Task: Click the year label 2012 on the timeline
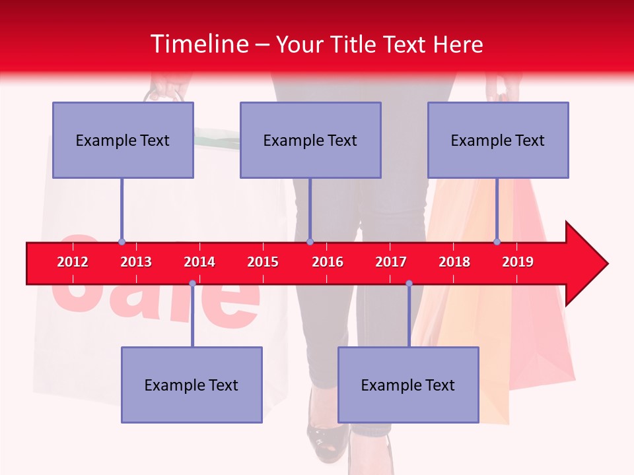click(73, 262)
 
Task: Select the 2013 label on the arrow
click(136, 262)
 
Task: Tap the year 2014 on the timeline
click(199, 262)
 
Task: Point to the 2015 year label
click(263, 262)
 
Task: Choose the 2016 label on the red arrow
click(328, 262)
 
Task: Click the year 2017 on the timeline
click(391, 262)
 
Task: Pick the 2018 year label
click(454, 262)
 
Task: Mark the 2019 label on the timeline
click(518, 262)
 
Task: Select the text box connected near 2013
click(123, 140)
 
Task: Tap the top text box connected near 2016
click(310, 140)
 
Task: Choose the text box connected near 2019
click(498, 140)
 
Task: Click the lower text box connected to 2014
click(192, 385)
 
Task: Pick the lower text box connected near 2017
click(408, 385)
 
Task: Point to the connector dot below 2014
click(192, 283)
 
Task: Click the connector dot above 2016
click(310, 241)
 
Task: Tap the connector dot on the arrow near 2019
click(497, 241)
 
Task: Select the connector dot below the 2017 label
click(409, 283)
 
